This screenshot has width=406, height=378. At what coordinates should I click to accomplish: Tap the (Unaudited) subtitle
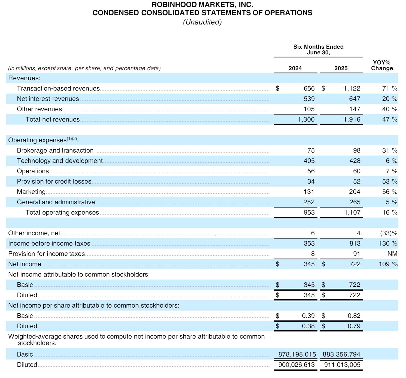coord(202,22)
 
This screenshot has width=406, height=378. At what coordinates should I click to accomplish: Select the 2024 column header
coord(295,68)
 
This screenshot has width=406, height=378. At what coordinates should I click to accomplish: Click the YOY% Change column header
coord(382,66)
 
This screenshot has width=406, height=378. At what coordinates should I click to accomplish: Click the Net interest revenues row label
coord(48,99)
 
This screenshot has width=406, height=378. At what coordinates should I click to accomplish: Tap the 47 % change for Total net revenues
coord(389,119)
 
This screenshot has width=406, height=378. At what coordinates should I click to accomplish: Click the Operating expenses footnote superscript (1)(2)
coord(72,139)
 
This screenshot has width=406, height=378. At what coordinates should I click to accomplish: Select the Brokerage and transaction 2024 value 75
coord(311,150)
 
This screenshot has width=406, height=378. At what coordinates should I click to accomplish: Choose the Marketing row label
coord(31,192)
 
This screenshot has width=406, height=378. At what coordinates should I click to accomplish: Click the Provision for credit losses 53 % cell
coord(389,181)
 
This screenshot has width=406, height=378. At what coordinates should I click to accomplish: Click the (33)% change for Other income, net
coord(389,233)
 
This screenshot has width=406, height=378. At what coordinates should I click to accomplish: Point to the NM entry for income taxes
coord(392,254)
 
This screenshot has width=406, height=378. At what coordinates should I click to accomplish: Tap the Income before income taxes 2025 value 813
coord(355,243)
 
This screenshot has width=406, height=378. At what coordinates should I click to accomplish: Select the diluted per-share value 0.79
coord(354,326)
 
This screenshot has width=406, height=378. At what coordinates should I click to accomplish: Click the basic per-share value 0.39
coord(308,316)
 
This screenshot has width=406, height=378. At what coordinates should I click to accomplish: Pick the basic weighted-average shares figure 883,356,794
coord(341,354)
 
